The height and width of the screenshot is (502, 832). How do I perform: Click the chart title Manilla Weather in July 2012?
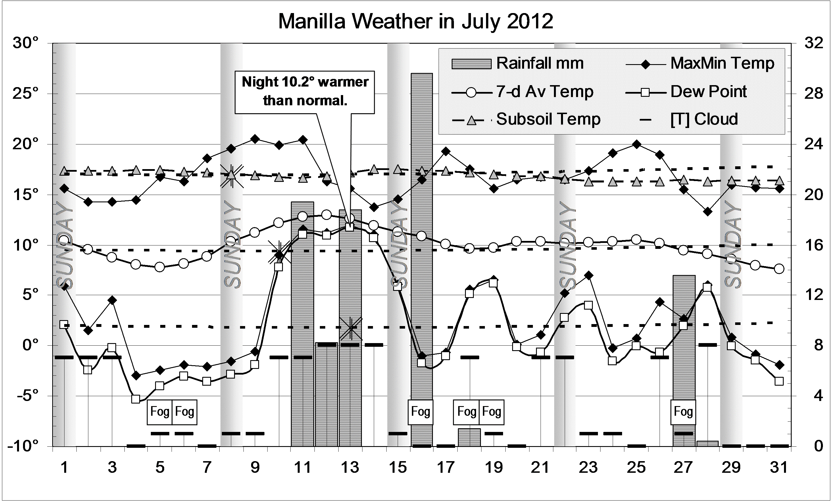(415, 22)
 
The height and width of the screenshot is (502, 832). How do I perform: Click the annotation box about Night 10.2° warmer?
(305, 92)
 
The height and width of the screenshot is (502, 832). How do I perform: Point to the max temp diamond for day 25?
(637, 144)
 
